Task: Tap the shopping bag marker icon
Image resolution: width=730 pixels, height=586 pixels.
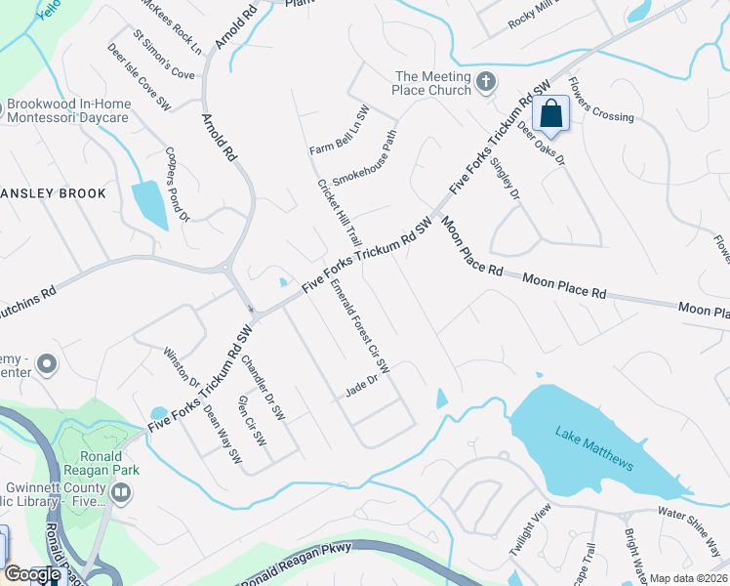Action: pos(551,113)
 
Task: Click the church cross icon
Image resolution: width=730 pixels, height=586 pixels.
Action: pos(487,83)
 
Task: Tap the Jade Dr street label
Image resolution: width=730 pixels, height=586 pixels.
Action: pos(361,387)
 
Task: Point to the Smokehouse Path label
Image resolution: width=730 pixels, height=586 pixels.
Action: pos(365,159)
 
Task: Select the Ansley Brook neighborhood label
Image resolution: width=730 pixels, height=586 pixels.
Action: pos(54,193)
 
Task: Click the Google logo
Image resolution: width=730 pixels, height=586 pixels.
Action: pos(32,574)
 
